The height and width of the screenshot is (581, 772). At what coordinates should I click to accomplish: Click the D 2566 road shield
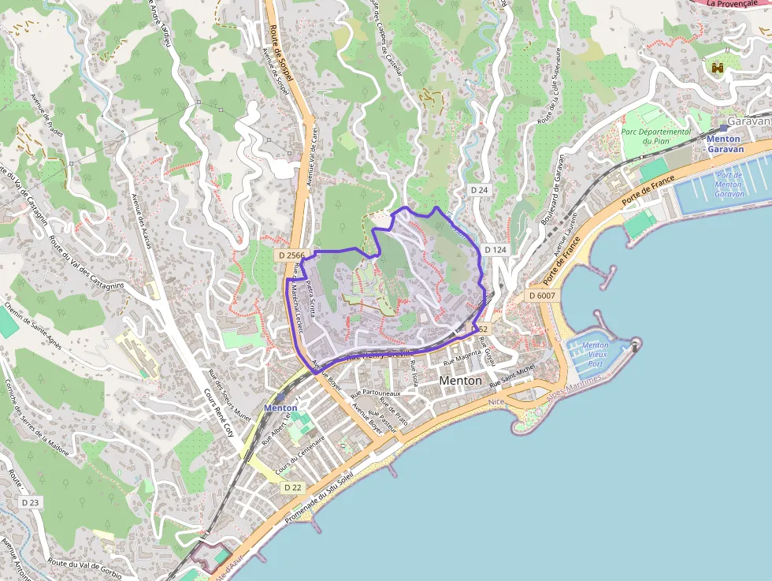[x=291, y=255]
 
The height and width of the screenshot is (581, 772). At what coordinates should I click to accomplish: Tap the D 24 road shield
[x=480, y=190]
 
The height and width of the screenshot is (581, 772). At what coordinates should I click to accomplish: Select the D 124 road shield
[x=495, y=250]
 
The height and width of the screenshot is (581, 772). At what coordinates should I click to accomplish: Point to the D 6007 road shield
[x=542, y=295]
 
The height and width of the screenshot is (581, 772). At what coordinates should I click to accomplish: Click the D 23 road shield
[x=31, y=501]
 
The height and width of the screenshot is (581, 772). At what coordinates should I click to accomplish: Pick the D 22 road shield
[x=292, y=487]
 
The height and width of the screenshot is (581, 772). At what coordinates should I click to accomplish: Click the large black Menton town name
[x=461, y=380]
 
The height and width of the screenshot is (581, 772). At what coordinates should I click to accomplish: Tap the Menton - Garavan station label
[x=723, y=143]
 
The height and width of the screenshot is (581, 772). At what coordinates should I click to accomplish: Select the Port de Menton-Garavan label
[x=729, y=184]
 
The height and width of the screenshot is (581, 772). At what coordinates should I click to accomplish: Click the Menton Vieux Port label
[x=595, y=354]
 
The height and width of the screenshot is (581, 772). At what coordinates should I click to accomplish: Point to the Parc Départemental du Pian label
[x=655, y=136]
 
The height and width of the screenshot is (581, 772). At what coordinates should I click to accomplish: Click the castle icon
[x=718, y=69]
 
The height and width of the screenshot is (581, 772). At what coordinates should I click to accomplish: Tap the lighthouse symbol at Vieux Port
[x=636, y=344]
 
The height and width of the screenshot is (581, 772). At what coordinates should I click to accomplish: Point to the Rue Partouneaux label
[x=375, y=392]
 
